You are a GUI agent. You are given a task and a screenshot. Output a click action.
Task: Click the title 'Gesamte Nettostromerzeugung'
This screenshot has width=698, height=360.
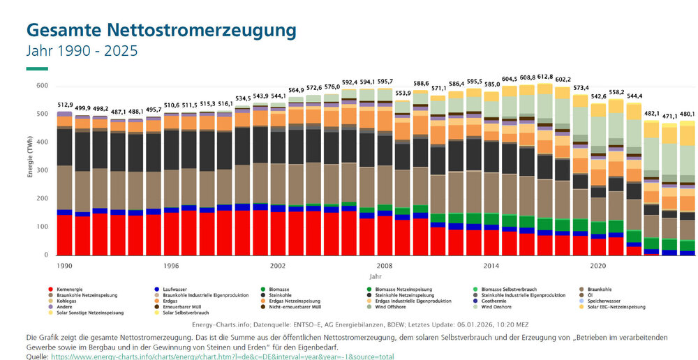pos(161,31)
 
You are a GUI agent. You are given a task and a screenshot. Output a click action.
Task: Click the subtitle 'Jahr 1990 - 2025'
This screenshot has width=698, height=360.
pos(82,52)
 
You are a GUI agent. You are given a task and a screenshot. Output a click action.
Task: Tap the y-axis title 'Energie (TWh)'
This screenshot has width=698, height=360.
pos(31,170)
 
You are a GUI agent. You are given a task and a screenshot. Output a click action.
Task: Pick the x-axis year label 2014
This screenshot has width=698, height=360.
pos(491,266)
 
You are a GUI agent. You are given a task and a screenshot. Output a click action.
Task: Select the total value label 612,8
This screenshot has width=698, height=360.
pos(544,77)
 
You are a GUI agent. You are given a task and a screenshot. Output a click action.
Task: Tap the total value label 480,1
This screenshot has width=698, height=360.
pos(687,114)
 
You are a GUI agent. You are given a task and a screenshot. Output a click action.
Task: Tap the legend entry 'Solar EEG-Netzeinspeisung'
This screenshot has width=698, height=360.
pos(621,306)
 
